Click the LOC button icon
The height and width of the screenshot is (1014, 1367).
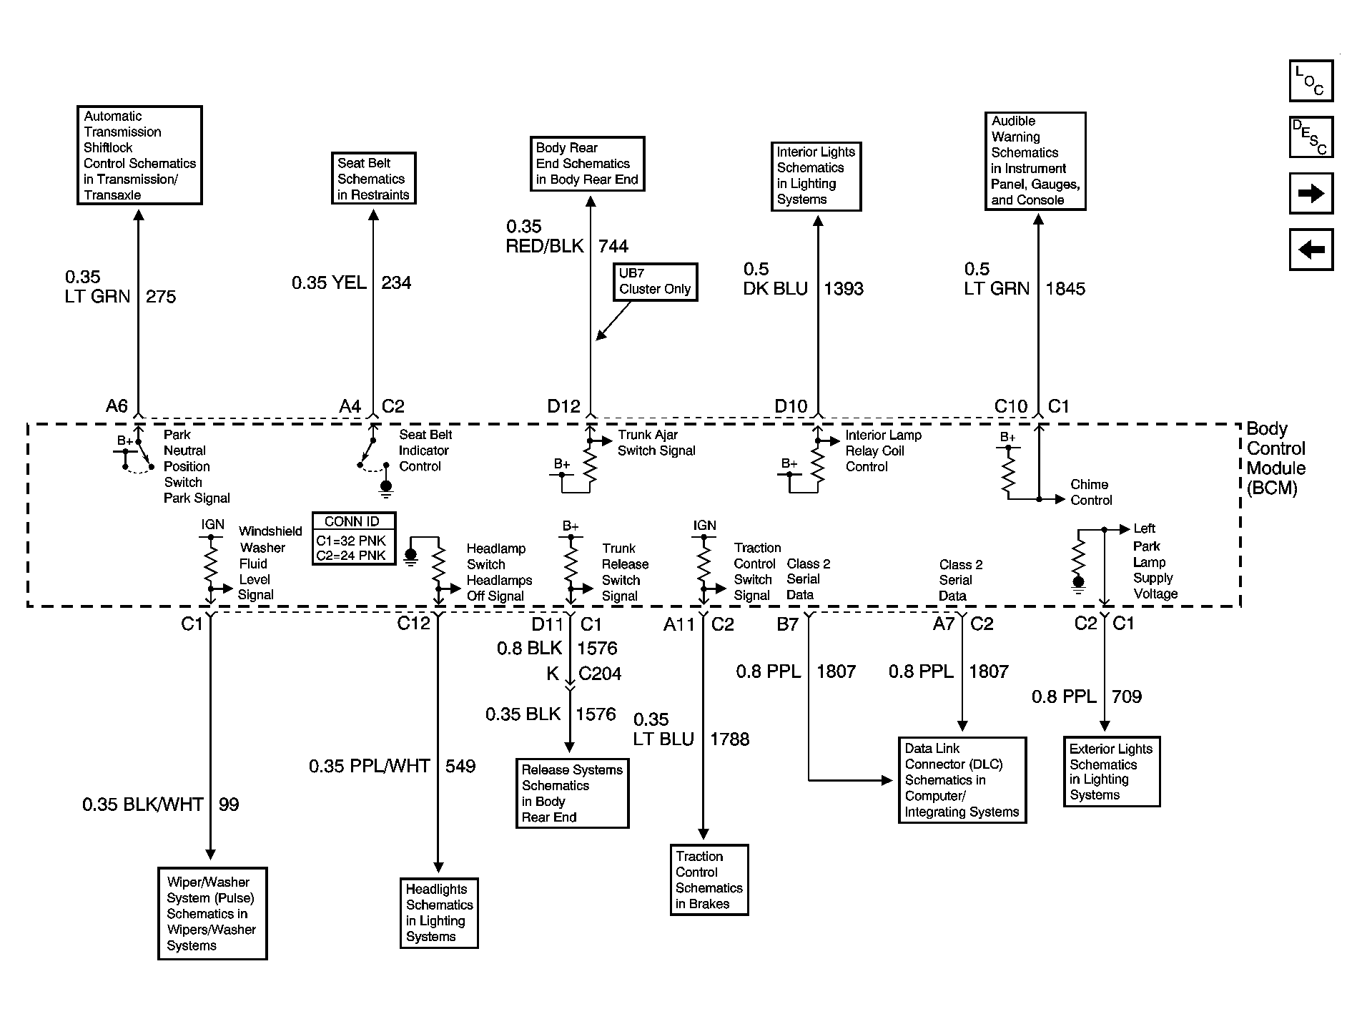1311,81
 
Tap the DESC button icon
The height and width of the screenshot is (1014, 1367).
1311,137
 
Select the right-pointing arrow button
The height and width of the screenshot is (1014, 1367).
1311,193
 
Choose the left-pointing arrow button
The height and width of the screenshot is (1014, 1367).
1311,250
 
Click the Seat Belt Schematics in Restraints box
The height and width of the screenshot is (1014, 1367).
373,179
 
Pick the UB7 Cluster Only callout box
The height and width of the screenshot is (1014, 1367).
655,282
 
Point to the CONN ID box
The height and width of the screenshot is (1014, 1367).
354,538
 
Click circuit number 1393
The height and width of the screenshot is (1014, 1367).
844,289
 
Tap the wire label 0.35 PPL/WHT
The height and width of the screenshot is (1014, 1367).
369,767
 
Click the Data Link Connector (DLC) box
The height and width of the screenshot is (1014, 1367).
962,780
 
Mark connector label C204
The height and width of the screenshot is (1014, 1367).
600,674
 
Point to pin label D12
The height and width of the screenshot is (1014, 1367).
563,407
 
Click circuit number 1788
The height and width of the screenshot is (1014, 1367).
729,739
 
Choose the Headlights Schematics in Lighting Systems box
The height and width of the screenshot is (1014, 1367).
439,913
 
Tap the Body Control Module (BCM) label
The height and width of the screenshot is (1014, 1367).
1276,458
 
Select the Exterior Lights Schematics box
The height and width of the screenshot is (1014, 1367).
1111,772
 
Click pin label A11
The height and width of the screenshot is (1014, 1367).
678,625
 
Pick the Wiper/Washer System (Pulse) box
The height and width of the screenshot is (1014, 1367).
212,914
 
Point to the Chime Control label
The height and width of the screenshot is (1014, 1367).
1091,492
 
